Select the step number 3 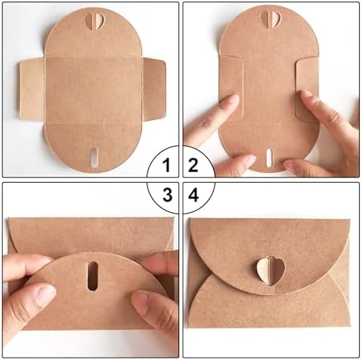167,194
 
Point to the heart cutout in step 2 268,17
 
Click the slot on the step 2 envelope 268,157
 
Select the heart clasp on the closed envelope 265,269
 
